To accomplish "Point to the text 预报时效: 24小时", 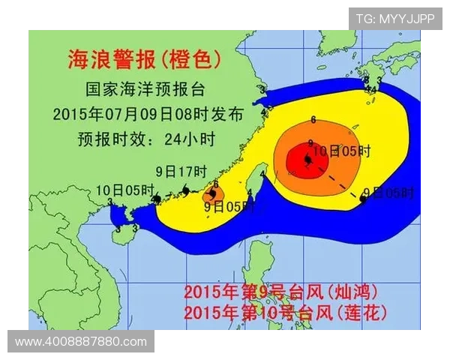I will (x=134, y=139).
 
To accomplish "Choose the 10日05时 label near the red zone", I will (x=341, y=151).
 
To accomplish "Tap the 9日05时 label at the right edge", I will (x=388, y=193).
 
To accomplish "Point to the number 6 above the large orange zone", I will (x=312, y=118).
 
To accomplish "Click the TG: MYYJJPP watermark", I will (x=395, y=18).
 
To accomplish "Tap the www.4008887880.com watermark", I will (x=81, y=341).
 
